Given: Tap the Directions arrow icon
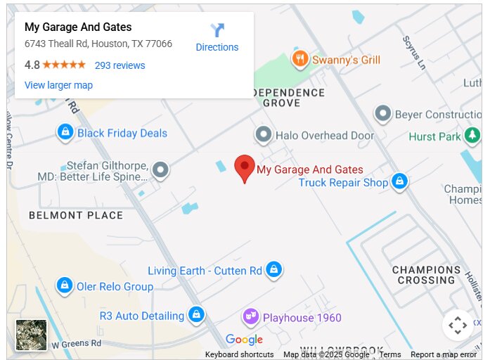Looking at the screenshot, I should point(217,30).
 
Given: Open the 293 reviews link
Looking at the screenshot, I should point(120,65).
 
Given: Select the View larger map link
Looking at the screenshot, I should point(58,85).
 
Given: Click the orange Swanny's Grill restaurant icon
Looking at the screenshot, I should point(300,59).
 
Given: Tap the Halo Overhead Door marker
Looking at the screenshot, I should point(264,134).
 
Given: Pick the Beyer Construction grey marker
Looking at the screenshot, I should point(382,113).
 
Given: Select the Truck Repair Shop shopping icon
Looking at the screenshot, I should point(399,181).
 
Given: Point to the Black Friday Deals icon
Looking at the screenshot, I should point(65,131).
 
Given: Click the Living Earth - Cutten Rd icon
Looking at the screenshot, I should point(274,269).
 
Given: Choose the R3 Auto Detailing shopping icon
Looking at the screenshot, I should point(197,314).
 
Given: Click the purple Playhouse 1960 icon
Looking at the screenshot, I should point(250,317).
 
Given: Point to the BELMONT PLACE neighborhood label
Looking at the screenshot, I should point(76,215).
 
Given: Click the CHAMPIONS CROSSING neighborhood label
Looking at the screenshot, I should point(426,275).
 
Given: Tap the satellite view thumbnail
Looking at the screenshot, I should point(32,335).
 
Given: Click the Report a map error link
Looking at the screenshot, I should point(444,354).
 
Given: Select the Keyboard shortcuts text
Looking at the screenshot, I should point(239,354).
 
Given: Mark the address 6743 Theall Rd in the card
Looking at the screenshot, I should point(98,44).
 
